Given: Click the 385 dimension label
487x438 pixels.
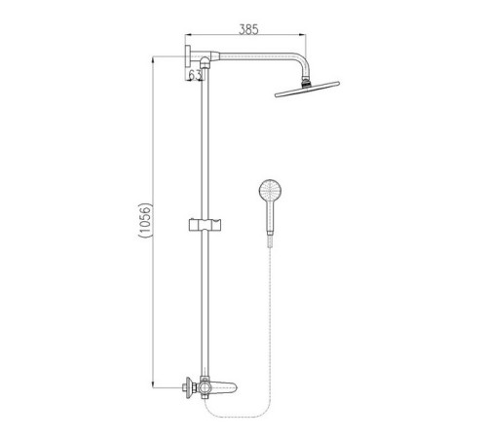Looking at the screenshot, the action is (248, 29).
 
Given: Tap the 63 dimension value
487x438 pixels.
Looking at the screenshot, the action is (195, 75).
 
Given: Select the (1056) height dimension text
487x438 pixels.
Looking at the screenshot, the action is (145, 221).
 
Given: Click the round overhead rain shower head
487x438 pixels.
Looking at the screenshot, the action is (307, 90).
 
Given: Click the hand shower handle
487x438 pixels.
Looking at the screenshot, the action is (271, 216).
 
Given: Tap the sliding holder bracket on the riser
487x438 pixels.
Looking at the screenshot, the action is (206, 225).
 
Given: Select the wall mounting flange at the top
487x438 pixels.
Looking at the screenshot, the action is (188, 56).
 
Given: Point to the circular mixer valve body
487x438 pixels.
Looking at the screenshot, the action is (205, 387).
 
